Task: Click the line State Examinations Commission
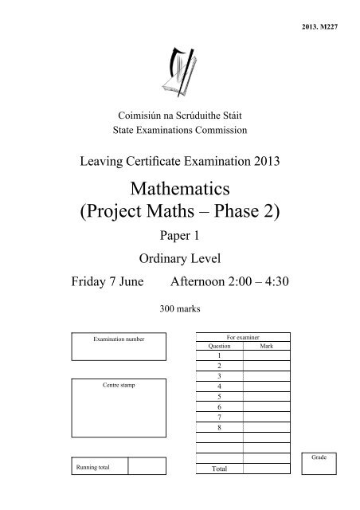pos(180,129)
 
